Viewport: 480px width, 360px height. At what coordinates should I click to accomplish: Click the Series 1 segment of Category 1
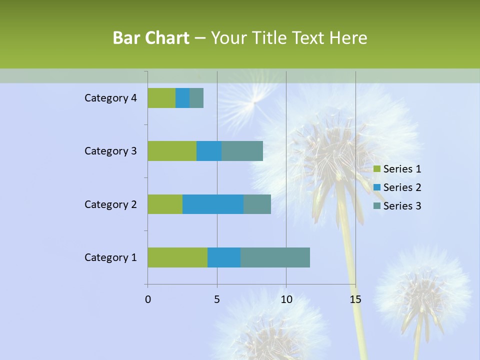point(177,257)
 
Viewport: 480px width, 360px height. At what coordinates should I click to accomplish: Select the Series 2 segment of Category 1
point(224,257)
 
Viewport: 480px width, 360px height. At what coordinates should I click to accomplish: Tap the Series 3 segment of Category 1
point(275,257)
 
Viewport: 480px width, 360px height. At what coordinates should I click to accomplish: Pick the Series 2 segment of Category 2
point(213,204)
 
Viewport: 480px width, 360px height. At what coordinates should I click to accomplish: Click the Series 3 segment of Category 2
point(257,204)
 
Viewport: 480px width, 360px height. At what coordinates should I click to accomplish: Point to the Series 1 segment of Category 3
point(172,151)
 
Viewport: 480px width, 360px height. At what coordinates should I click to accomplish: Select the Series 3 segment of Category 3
point(242,151)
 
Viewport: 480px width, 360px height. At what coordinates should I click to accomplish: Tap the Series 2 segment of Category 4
point(182,98)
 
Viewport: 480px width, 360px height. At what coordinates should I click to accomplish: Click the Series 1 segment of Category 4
point(161,98)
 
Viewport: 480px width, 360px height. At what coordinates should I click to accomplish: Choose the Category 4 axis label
point(110,98)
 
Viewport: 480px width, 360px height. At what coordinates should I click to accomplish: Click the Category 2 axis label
point(110,204)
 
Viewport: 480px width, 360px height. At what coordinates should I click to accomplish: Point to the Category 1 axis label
point(110,257)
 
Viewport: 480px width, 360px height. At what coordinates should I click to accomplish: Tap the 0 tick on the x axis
point(148,299)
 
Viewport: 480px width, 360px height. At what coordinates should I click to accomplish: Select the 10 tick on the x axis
point(286,299)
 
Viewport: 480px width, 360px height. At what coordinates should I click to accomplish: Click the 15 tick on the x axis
point(355,299)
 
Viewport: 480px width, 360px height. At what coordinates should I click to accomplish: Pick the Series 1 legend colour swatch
point(377,169)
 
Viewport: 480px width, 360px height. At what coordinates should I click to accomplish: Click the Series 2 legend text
point(402,187)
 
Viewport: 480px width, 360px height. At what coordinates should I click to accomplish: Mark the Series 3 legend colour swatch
point(377,206)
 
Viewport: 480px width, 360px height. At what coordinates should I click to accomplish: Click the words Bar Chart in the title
point(151,38)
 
